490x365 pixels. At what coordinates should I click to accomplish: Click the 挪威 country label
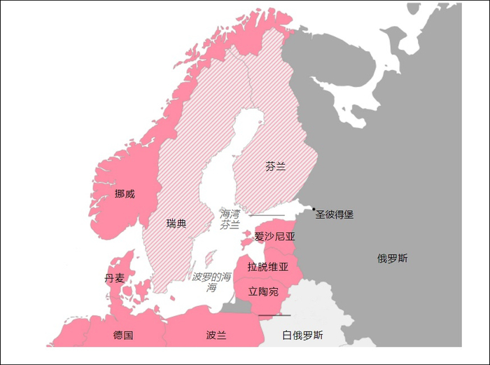(x=125, y=193)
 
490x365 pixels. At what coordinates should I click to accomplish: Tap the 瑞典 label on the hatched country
(x=176, y=223)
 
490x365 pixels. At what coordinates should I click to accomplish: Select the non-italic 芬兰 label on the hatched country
(x=275, y=167)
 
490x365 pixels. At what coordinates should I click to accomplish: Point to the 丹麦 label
(x=115, y=278)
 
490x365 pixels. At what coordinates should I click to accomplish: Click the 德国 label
(x=123, y=335)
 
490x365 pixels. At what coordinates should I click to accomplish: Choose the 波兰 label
(x=216, y=335)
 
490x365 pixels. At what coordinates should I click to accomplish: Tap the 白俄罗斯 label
(x=302, y=335)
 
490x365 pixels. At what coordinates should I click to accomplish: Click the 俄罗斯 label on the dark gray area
(x=392, y=259)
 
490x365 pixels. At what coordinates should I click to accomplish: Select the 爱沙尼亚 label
(x=275, y=237)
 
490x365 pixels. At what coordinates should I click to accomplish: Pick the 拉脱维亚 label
(x=268, y=266)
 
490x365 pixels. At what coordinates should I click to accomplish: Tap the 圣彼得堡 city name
(x=335, y=214)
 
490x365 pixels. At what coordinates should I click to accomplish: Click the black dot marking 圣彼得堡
(x=314, y=209)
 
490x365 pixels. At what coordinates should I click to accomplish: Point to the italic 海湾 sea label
(x=230, y=214)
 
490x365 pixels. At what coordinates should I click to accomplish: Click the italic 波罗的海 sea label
(x=211, y=277)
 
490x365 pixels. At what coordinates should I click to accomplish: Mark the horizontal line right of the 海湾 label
(x=267, y=215)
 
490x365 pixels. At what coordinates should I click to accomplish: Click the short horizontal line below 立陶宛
(x=269, y=315)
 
